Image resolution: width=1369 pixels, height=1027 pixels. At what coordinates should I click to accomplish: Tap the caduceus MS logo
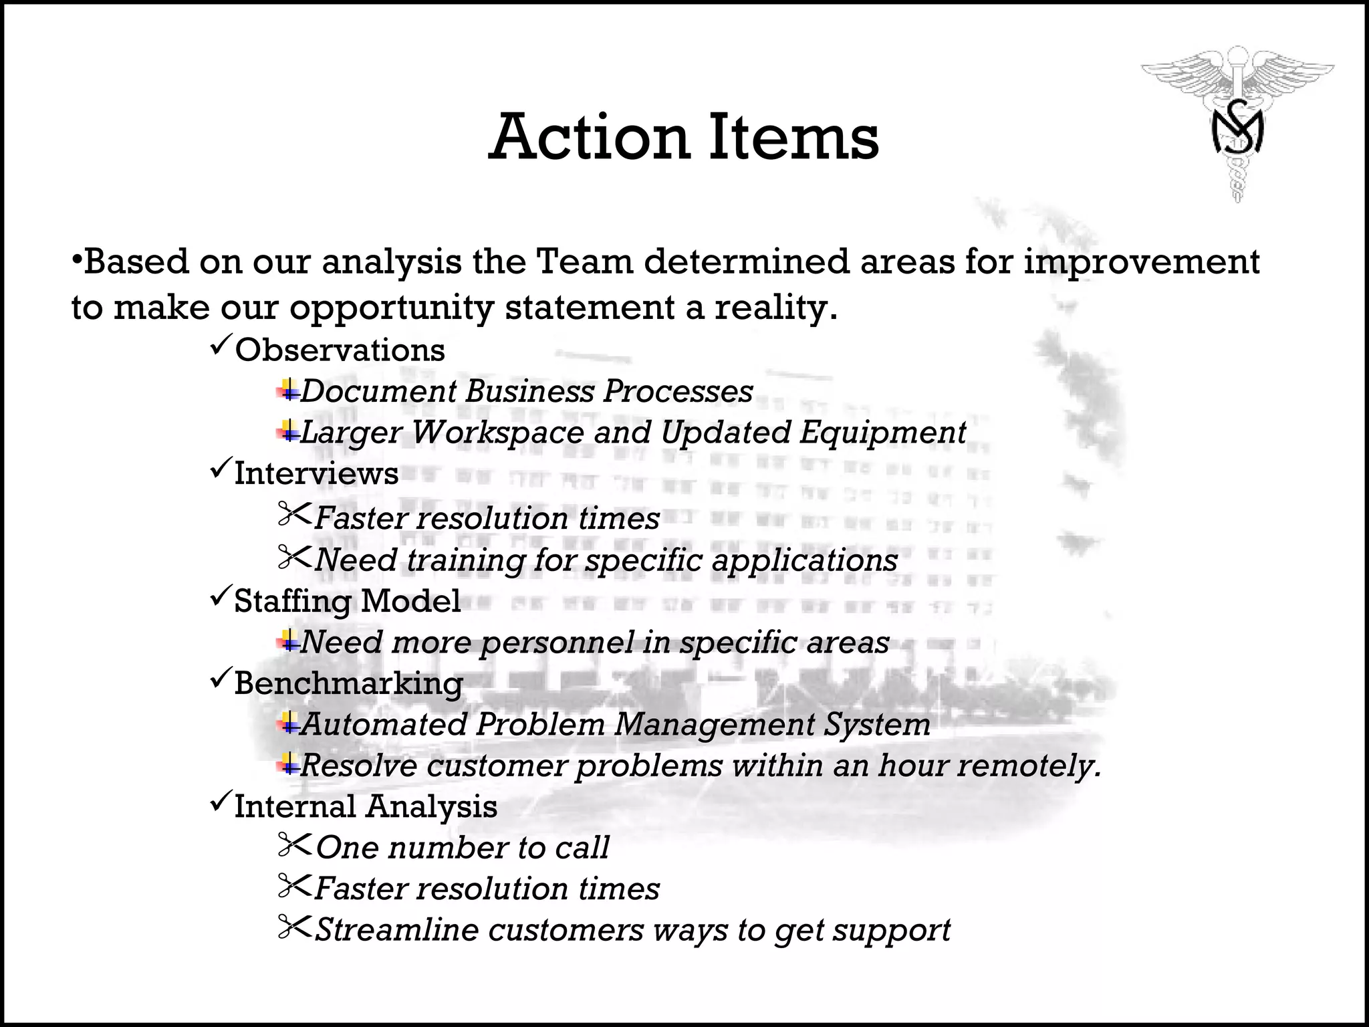pyautogui.click(x=1237, y=124)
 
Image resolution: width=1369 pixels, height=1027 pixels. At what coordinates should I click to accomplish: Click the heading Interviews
pyautogui.click(x=316, y=473)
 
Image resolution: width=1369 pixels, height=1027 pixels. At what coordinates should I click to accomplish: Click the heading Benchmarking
pyautogui.click(x=348, y=683)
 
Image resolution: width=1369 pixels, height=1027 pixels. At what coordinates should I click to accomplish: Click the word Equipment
pyautogui.click(x=882, y=432)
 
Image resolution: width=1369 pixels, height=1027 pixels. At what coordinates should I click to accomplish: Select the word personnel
pyautogui.click(x=557, y=643)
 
